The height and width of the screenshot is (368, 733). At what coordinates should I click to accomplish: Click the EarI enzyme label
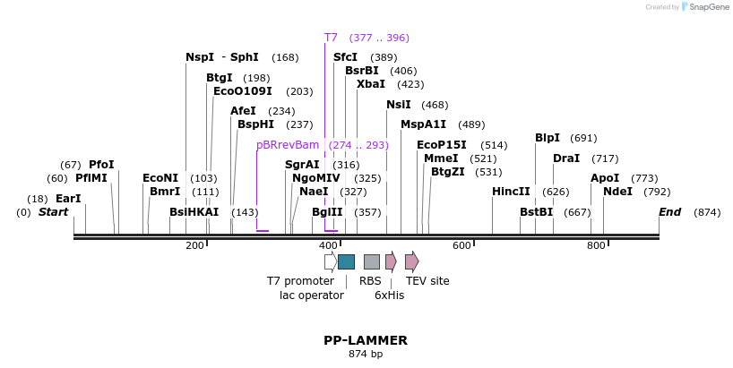[x=68, y=199]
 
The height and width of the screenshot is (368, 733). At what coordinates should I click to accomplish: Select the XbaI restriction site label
[x=371, y=84]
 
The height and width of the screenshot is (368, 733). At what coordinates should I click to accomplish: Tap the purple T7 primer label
[x=331, y=38]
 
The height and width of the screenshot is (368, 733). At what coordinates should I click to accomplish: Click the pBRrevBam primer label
[x=288, y=145]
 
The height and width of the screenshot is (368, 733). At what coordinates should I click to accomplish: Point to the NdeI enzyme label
[x=617, y=192]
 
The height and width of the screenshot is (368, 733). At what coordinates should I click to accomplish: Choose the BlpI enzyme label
[x=548, y=138]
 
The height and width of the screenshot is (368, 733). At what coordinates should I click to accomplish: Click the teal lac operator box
[x=346, y=261]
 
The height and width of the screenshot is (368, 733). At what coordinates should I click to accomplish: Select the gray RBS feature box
[x=371, y=261]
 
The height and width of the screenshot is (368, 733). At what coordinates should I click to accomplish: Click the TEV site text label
[x=427, y=281]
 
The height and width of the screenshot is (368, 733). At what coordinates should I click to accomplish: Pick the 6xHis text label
[x=389, y=295]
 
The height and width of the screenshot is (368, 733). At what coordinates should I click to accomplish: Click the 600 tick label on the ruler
[x=461, y=245]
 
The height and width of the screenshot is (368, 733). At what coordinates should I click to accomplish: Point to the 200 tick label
[x=194, y=245]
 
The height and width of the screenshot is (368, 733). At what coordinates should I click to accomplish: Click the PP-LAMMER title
[x=366, y=340]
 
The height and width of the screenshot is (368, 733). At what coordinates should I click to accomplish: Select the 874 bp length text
[x=366, y=355]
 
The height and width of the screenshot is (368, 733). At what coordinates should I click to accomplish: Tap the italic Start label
[x=53, y=212]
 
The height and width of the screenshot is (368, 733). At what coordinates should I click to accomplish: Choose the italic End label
[x=669, y=212]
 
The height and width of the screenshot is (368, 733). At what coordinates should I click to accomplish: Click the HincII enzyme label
[x=511, y=192]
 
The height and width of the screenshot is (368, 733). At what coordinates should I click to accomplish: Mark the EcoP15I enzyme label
[x=442, y=145]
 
